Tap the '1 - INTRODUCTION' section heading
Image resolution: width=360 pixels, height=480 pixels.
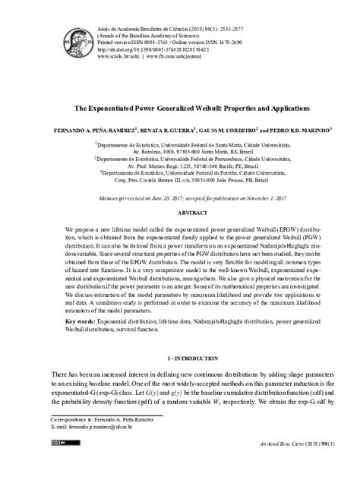point(180,356)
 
